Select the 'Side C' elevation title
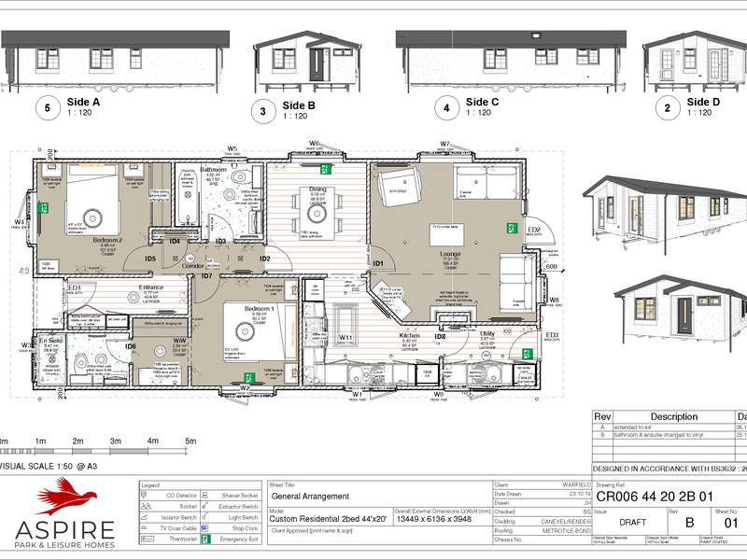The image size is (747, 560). [482, 102]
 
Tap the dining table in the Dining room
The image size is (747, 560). [317, 210]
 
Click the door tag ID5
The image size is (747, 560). [149, 259]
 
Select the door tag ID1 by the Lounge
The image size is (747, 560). [378, 264]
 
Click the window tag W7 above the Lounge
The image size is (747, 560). [445, 144]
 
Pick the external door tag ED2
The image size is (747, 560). [534, 231]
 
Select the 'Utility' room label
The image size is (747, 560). [486, 333]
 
